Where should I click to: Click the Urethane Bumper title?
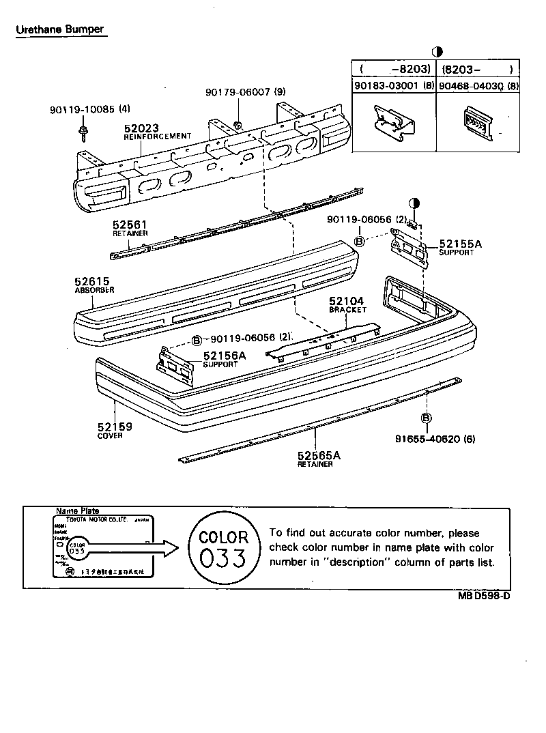[60, 29]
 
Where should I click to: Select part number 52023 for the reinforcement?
[141, 128]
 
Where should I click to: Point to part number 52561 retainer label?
[130, 225]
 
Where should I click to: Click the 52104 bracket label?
[347, 301]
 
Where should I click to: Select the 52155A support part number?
[460, 244]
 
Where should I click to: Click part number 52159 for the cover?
[114, 427]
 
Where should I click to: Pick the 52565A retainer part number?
[319, 456]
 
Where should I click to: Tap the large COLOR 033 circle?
[223, 548]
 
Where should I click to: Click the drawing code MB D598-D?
[484, 595]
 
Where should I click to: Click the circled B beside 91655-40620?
[426, 418]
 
